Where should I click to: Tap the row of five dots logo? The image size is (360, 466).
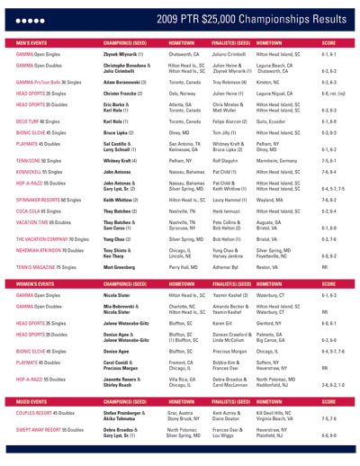(x=24, y=16)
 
